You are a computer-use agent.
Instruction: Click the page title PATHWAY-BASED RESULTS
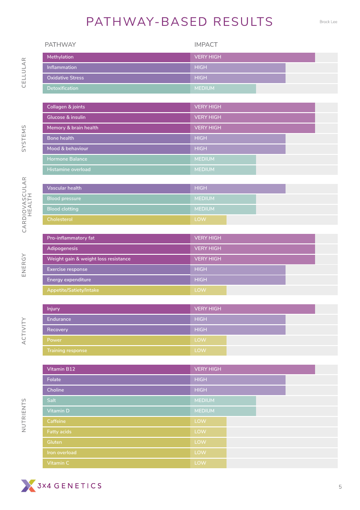click(179, 22)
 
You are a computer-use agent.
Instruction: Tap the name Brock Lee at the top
click(328, 22)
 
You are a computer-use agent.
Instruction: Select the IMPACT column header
click(206, 45)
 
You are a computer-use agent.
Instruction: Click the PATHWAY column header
click(60, 45)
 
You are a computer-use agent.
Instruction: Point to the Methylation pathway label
click(60, 57)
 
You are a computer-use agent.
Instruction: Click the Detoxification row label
click(63, 89)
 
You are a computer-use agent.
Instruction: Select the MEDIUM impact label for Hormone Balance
click(204, 159)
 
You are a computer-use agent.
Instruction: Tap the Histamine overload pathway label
click(69, 170)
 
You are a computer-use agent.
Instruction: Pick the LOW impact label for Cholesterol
click(200, 220)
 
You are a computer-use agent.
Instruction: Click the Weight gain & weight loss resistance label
click(89, 259)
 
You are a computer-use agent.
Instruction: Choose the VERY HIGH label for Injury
click(207, 309)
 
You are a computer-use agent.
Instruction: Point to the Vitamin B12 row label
click(61, 369)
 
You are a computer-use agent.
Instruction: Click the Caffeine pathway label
click(56, 421)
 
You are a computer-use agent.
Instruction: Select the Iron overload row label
click(62, 453)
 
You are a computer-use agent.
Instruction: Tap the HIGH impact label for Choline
click(200, 390)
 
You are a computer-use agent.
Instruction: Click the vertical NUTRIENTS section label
click(24, 416)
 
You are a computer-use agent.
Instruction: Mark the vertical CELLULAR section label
click(24, 73)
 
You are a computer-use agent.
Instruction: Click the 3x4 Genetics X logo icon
click(28, 485)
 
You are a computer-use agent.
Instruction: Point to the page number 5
click(340, 487)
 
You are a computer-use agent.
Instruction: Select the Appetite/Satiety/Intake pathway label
click(73, 290)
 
